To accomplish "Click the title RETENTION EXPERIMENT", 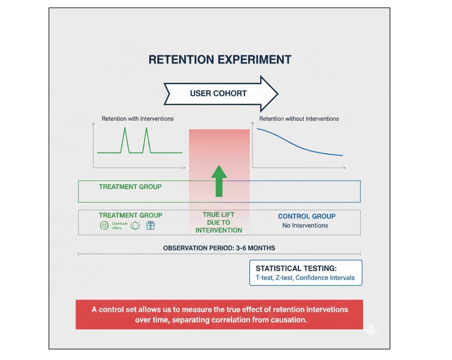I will pos(220,60).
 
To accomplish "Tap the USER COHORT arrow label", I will pos(218,94).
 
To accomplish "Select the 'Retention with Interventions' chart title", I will pos(137,119).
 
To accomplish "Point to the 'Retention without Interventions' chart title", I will pos(299,119).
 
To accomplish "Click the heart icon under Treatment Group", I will pos(104,225).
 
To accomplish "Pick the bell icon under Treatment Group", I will pos(135,226).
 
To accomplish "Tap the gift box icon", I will pos(151,225).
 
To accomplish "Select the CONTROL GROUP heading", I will pos(306,216).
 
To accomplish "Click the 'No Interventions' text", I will pos(305,226).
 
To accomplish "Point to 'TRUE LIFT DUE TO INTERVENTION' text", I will pos(219,222).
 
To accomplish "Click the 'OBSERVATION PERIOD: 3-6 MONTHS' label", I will pos(219,248).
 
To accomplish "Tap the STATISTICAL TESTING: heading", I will pos(296,269).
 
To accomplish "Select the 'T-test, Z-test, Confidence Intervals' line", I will pos(305,278).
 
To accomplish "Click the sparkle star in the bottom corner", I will pos(371,330).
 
